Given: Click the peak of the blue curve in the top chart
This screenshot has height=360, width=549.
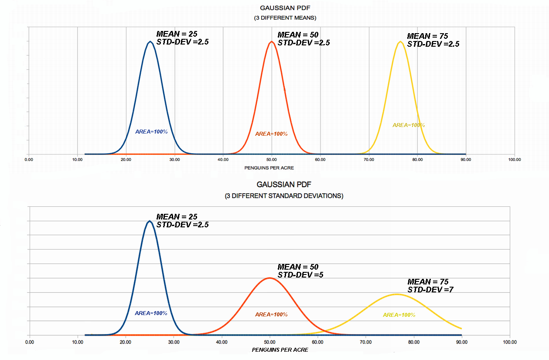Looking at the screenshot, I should (x=150, y=42).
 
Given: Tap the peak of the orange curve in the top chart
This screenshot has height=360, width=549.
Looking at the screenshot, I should (x=272, y=42).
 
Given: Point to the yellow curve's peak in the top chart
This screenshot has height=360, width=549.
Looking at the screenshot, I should (x=400, y=42).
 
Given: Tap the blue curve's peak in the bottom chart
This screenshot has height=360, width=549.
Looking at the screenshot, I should (x=150, y=221).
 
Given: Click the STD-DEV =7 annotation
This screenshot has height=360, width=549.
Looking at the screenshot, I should (x=430, y=289).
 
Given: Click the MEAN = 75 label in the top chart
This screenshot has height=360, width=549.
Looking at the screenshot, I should (x=427, y=36).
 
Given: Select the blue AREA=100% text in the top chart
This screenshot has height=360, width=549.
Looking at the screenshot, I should (x=151, y=131).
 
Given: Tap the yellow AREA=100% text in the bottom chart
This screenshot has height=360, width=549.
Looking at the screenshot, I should (x=399, y=315).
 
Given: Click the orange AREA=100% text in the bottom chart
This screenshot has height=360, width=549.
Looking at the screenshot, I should (x=271, y=314).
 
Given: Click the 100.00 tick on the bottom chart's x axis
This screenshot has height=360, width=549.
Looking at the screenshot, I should (x=509, y=342).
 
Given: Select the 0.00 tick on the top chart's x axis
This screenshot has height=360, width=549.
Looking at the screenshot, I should (x=29, y=160).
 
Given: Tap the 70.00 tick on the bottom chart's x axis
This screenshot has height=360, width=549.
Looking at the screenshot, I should (x=366, y=342).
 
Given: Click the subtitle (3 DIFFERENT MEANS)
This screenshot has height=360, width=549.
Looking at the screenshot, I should (x=285, y=18).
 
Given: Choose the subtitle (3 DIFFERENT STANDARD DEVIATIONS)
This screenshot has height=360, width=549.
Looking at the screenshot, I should (x=284, y=196).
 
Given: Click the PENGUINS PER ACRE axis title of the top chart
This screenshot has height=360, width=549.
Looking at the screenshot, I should (x=272, y=168).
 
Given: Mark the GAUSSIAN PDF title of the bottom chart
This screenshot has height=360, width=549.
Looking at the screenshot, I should (x=284, y=185).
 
